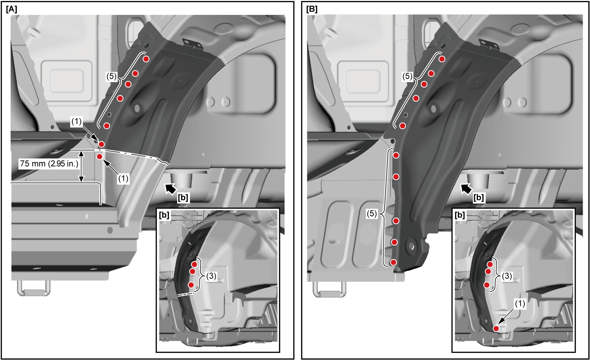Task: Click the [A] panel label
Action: pyautogui.click(x=11, y=9)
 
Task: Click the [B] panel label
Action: pyautogui.click(x=312, y=9)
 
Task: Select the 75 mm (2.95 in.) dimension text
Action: pyautogui.click(x=49, y=164)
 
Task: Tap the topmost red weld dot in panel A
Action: pyautogui.click(x=146, y=59)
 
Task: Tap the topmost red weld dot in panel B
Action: pyautogui.click(x=442, y=59)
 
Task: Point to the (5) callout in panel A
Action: pyautogui.click(x=111, y=77)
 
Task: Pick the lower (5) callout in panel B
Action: pyautogui.click(x=372, y=214)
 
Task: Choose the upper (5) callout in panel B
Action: pyautogui.click(x=407, y=77)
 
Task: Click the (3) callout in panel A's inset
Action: pyautogui.click(x=211, y=276)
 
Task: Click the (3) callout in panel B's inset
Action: pyautogui.click(x=507, y=276)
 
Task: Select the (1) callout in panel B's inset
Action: pyautogui.click(x=519, y=304)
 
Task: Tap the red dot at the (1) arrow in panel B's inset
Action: pyautogui.click(x=496, y=329)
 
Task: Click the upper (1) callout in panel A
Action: pyautogui.click(x=76, y=122)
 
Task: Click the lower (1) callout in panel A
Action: pyautogui.click(x=123, y=179)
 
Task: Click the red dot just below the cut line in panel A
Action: pyautogui.click(x=100, y=157)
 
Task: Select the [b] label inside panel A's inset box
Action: pyautogui.click(x=164, y=215)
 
